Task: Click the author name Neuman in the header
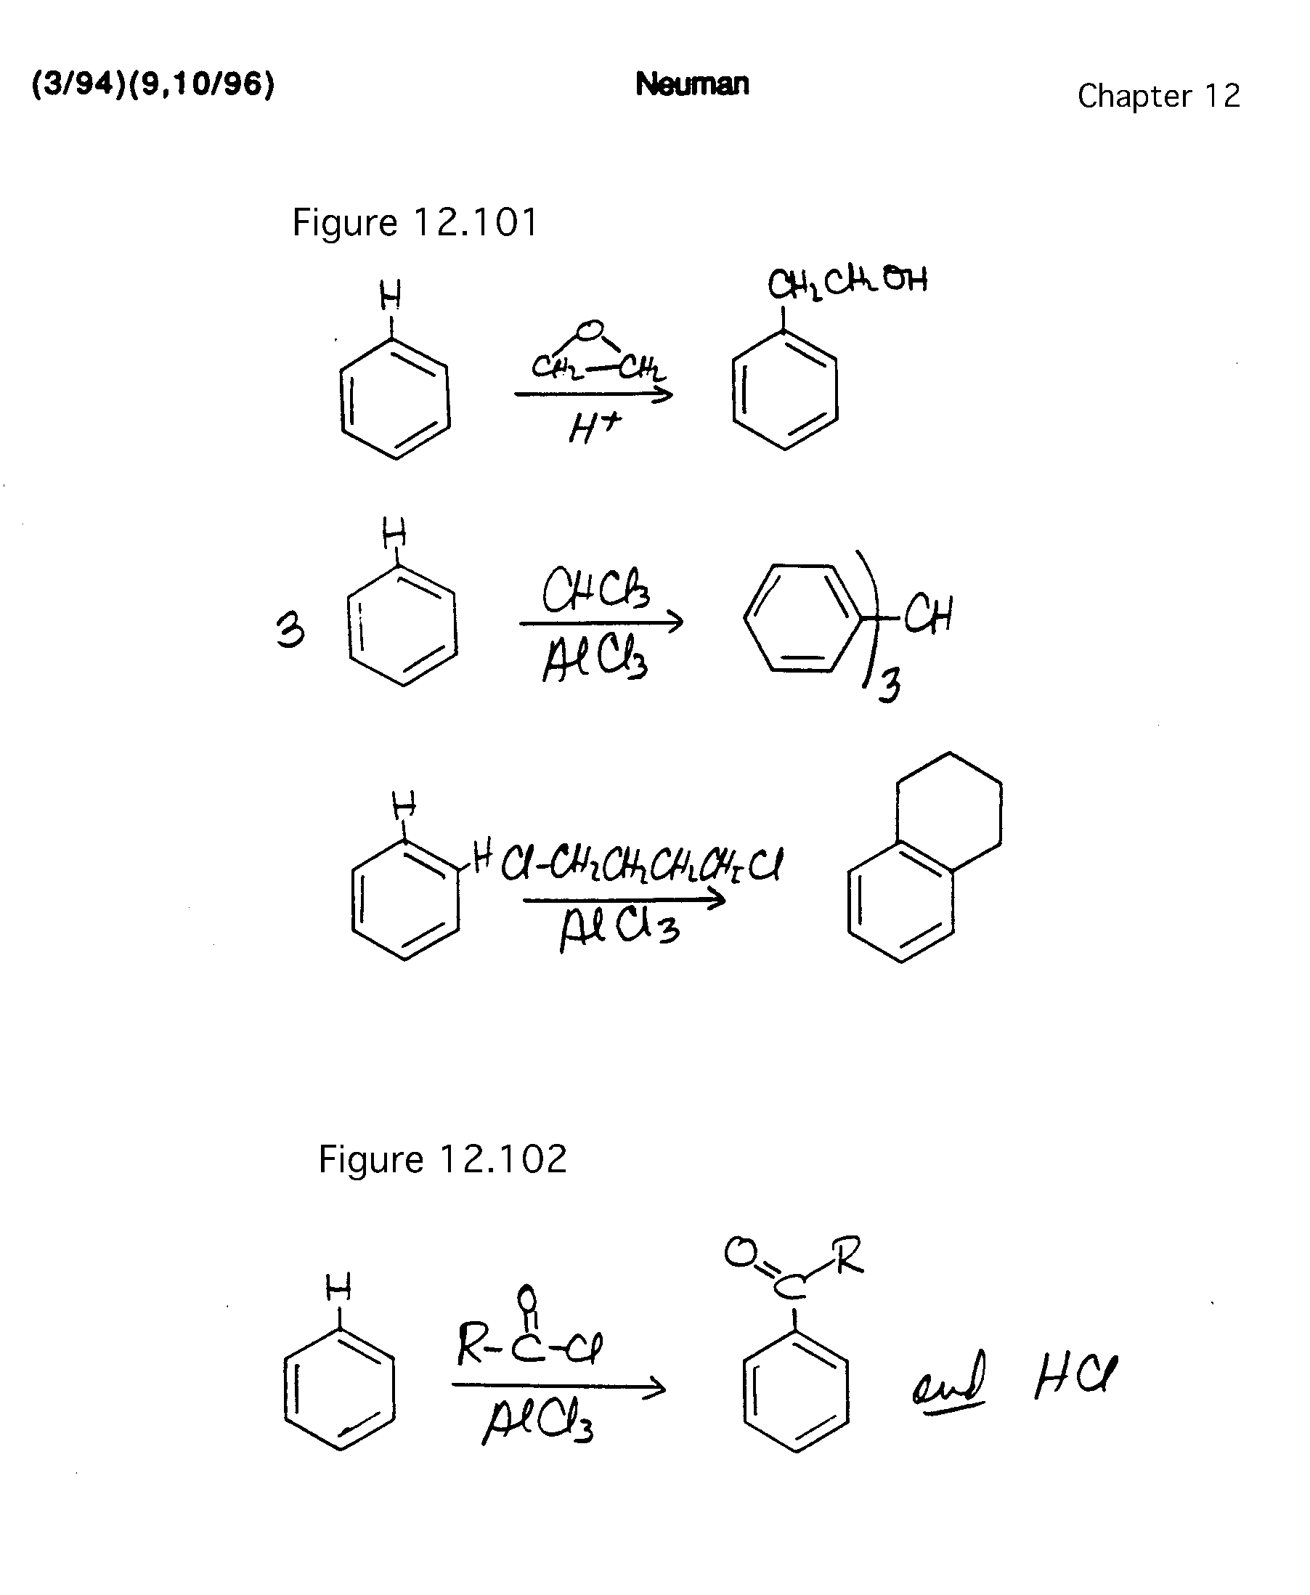692,84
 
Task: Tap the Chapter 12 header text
1158,96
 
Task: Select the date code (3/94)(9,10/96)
153,84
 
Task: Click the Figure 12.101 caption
415,223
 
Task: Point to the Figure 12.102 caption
442,1158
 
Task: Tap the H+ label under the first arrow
595,429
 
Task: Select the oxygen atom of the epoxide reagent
590,330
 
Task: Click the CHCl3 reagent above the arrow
596,590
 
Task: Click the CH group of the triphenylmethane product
929,615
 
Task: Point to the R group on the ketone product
848,1254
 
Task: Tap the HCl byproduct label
1075,1376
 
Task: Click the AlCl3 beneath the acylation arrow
537,1421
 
